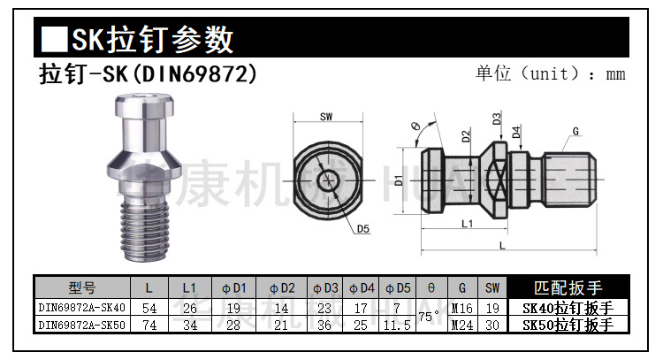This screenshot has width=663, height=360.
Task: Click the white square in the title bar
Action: click(x=55, y=39)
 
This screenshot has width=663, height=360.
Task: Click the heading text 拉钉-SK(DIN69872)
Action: click(x=149, y=73)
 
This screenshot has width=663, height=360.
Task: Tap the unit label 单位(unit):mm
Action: click(x=551, y=73)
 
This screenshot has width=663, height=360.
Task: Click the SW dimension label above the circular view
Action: click(x=326, y=116)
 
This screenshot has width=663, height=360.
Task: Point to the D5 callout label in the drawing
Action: click(x=364, y=229)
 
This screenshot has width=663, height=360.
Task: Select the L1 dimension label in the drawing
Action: click(x=468, y=225)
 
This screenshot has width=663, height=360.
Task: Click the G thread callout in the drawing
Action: click(x=575, y=132)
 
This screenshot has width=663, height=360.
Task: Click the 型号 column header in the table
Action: click(x=82, y=287)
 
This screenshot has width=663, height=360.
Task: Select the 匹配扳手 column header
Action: click(x=568, y=287)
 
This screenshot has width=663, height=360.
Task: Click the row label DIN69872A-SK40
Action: click(x=82, y=308)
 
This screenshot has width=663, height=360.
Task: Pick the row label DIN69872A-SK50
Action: click(x=82, y=325)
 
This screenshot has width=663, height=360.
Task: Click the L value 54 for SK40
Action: click(x=149, y=308)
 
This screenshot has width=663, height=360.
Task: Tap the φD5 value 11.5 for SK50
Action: click(x=397, y=325)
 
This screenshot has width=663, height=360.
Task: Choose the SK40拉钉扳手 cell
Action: click(x=568, y=308)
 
